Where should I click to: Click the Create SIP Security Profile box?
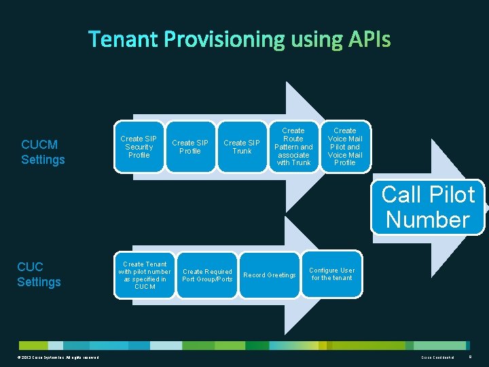tap(139, 147)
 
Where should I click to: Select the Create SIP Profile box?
tap(190, 147)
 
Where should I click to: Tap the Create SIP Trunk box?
tap(242, 147)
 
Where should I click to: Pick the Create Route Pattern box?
tap(293, 146)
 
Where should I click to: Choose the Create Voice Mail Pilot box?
tap(345, 146)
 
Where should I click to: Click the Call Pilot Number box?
tap(428, 207)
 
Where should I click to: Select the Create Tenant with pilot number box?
tap(145, 275)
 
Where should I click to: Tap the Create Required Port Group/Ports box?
tap(207, 275)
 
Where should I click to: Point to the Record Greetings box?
tap(270, 275)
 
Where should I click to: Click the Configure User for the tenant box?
tap(333, 274)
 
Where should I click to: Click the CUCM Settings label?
tap(43, 152)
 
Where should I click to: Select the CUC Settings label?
tap(39, 274)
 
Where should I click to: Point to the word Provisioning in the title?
tap(224, 39)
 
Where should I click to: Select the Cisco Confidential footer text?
tap(438, 357)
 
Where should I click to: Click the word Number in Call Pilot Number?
tap(428, 220)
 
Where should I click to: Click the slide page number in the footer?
tap(470, 357)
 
